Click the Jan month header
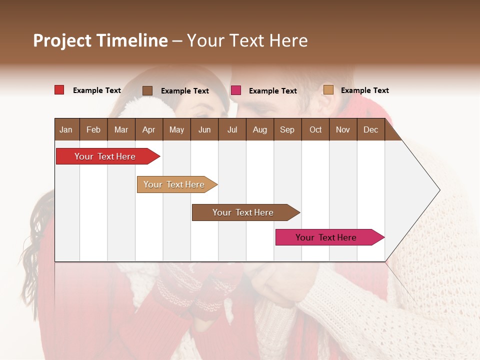pyautogui.click(x=66, y=129)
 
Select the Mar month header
pyautogui.click(x=121, y=129)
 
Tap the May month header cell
pyautogui.click(x=176, y=129)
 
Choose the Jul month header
pyautogui.click(x=232, y=129)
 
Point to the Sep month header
pyautogui.click(x=287, y=129)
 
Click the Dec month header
pyautogui.click(x=370, y=129)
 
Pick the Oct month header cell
pyautogui.click(x=315, y=129)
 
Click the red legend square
pyautogui.click(x=59, y=90)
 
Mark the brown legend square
pyautogui.click(x=147, y=90)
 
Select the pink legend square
pyautogui.click(x=236, y=90)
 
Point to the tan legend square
pyautogui.click(x=328, y=90)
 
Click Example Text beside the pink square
pyautogui.click(x=272, y=91)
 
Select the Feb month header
pyautogui.click(x=93, y=129)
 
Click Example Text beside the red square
pyautogui.click(x=97, y=90)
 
